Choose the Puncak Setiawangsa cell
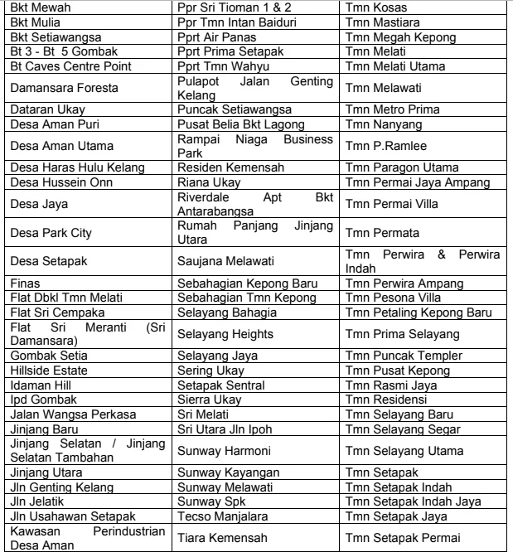point(234,109)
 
